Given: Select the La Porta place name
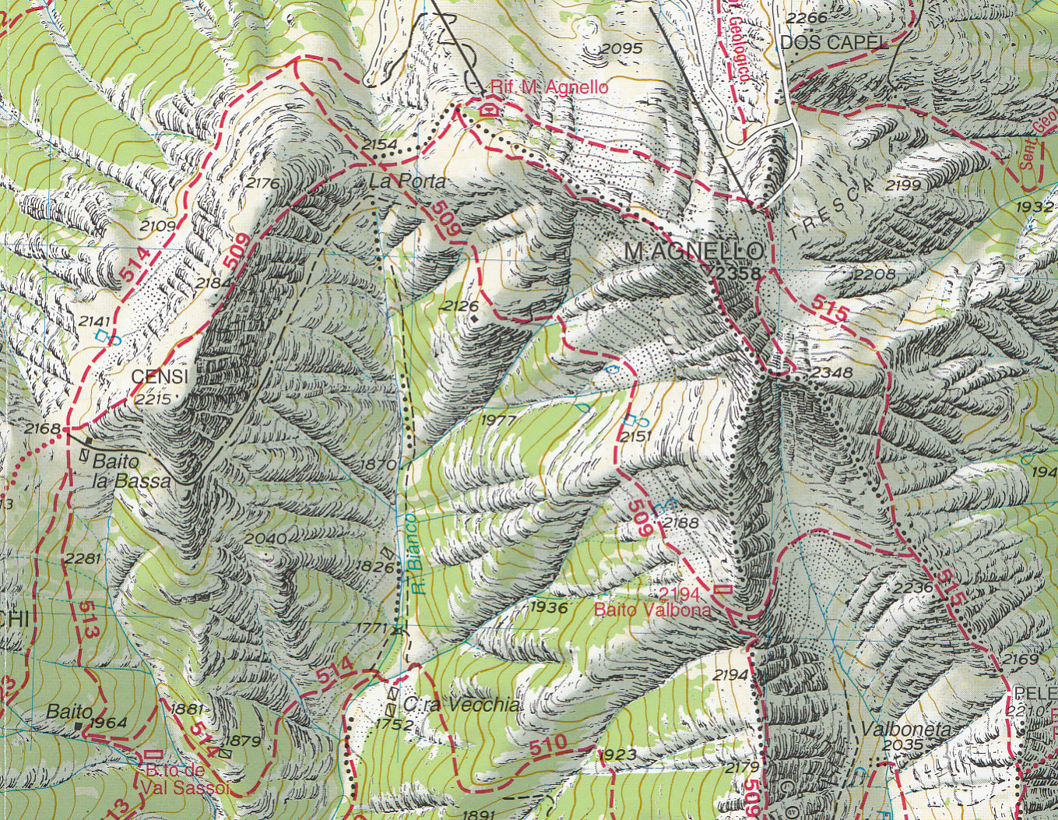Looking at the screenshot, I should click(x=408, y=182).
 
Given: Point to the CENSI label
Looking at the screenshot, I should click(x=160, y=377).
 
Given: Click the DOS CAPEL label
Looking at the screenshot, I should click(x=834, y=43).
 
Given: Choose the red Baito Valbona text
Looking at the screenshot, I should click(x=652, y=610).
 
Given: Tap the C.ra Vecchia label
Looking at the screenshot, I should click(x=461, y=705).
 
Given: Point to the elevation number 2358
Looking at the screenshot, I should click(x=733, y=271).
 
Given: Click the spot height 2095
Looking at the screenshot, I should click(x=621, y=49).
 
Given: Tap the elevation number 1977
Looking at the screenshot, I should click(x=498, y=420).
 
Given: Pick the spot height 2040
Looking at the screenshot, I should click(x=265, y=539).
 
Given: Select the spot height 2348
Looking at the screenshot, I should click(x=831, y=373).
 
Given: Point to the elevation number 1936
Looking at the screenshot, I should click(x=548, y=607).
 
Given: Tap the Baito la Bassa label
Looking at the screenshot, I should click(x=131, y=471).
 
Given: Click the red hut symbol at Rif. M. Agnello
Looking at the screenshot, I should click(x=488, y=108).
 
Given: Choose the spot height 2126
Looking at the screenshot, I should click(x=459, y=306).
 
